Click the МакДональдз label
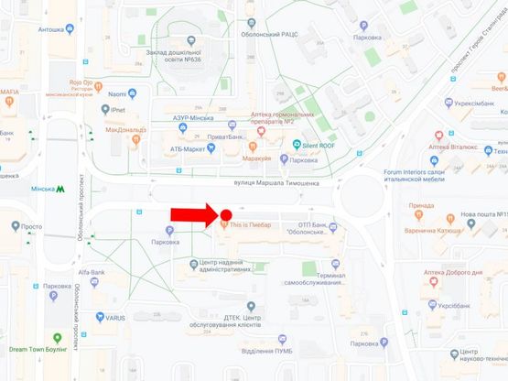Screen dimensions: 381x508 [127, 130]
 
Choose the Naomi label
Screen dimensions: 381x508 [117, 93]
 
